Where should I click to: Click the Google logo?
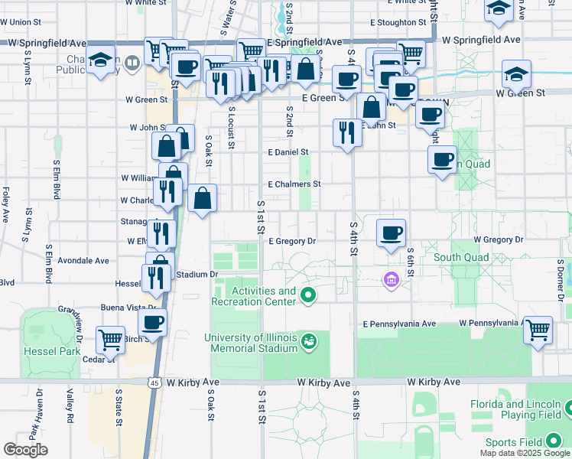coord(26,450)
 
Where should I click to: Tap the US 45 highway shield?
coord(155,382)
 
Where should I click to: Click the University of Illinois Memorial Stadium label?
coord(250,343)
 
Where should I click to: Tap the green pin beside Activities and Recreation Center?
coord(309,295)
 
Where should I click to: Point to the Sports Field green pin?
coord(554,442)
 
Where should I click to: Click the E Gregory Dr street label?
coord(292,241)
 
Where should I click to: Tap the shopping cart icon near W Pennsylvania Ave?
coord(538,329)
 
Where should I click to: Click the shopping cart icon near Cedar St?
coord(111,338)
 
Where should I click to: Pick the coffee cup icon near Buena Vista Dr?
coord(152,322)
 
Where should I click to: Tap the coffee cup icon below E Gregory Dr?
coord(391,232)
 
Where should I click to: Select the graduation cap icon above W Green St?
coord(517,74)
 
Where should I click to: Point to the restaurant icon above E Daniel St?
coord(347,132)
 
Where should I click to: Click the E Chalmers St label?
coord(294,184)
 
